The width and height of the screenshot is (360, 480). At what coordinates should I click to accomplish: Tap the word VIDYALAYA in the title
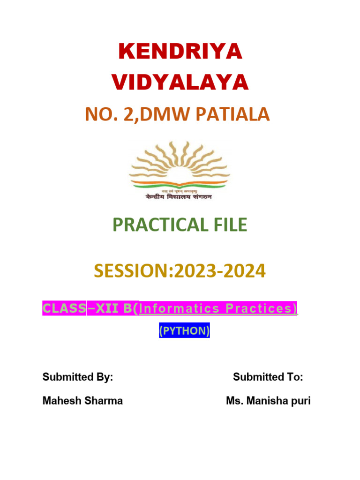click(x=180, y=82)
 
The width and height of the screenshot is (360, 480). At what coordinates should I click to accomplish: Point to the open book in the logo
click(x=180, y=179)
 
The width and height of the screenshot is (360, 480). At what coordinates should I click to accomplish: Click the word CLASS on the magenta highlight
click(x=64, y=308)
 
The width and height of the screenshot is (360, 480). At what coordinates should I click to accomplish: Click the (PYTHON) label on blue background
click(x=184, y=331)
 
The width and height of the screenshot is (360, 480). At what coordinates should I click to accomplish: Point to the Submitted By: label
click(x=78, y=377)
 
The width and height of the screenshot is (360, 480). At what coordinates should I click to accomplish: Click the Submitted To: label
click(x=268, y=377)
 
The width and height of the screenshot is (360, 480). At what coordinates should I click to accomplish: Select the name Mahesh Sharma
click(x=82, y=401)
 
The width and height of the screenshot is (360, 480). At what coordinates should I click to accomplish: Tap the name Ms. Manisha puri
click(x=268, y=401)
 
